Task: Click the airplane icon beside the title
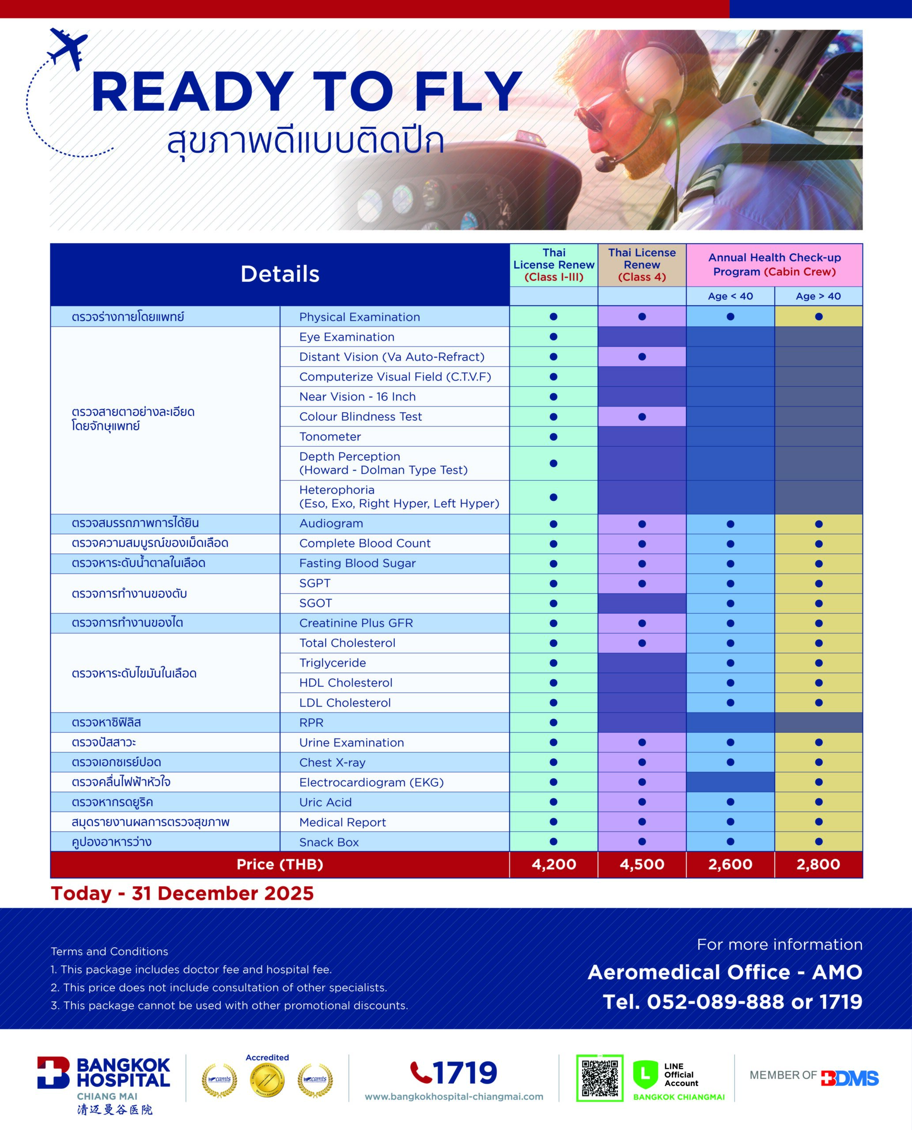click(x=68, y=48)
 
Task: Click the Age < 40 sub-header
click(x=730, y=296)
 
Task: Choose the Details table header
click(x=280, y=274)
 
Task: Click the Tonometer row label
click(x=330, y=437)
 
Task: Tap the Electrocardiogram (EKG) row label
click(x=371, y=782)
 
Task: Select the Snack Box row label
click(x=329, y=842)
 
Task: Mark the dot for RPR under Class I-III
click(x=553, y=723)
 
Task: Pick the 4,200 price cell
click(x=554, y=864)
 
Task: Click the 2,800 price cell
click(x=818, y=864)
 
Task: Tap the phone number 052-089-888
click(x=715, y=1002)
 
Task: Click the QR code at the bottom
click(x=599, y=1077)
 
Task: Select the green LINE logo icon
click(x=645, y=1074)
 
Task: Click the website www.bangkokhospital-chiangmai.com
click(x=454, y=1096)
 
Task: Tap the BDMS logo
click(x=849, y=1078)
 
